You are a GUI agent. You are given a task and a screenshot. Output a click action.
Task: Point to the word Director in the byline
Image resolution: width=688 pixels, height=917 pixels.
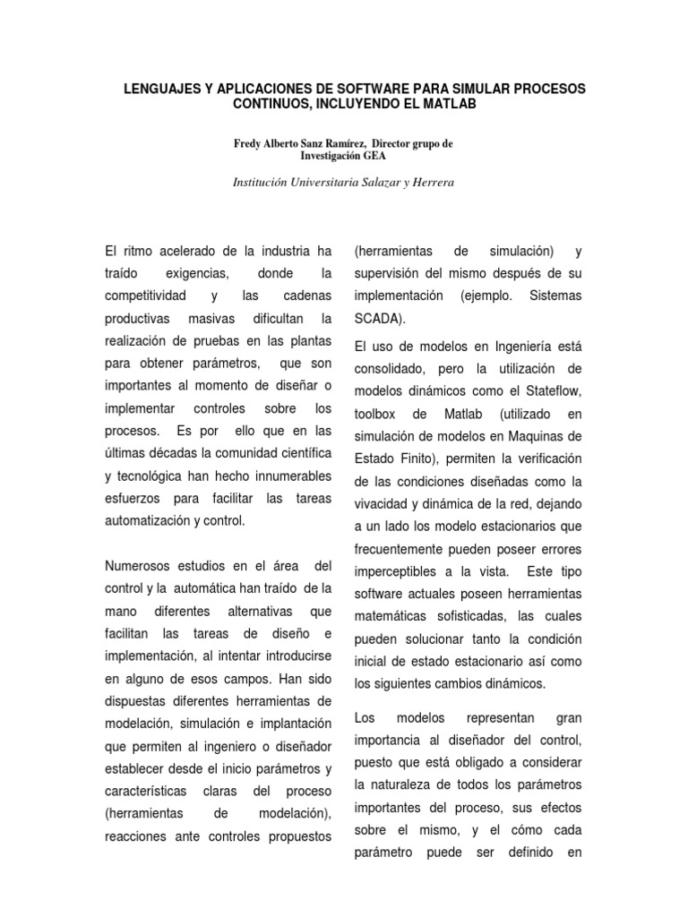click(396, 142)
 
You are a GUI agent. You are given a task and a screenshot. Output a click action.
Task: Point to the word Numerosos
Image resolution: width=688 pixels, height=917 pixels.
click(142, 566)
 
